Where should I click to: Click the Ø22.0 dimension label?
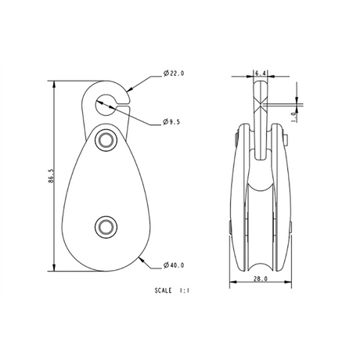tap(174, 74)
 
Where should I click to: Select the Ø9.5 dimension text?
tap(171, 122)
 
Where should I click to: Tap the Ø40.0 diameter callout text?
tap(174, 265)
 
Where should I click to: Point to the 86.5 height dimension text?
tap(51, 176)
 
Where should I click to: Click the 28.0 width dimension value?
tap(261, 279)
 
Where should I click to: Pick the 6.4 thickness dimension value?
tap(261, 74)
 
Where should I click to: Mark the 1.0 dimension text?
tap(294, 117)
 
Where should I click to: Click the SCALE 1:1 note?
tap(171, 290)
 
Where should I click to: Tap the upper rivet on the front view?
tap(106, 139)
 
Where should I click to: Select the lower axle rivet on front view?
tap(106, 227)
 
